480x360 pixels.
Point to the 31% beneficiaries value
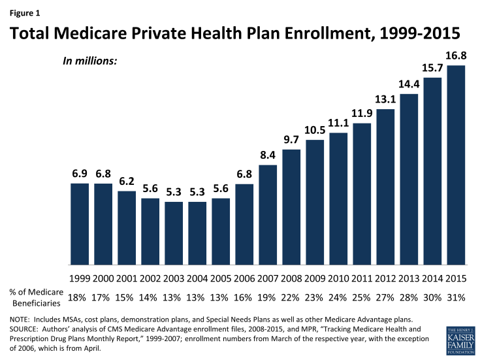coord(456,297)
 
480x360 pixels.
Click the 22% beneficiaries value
coord(291,297)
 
